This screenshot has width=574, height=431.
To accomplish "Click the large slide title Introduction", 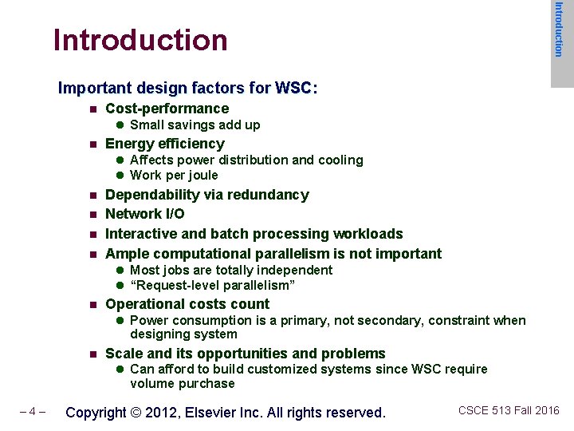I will coord(140,40).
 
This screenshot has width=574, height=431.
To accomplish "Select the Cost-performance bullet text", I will coord(167,109).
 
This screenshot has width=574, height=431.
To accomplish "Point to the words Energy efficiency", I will coord(165,144).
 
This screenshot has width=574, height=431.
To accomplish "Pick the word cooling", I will coord(340,160).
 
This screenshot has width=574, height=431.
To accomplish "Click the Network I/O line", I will coord(145,214).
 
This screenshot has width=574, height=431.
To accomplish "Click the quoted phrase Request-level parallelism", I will coord(213,286).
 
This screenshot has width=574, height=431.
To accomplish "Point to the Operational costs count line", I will coord(187,304).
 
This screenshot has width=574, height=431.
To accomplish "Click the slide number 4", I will coord(32,413).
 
